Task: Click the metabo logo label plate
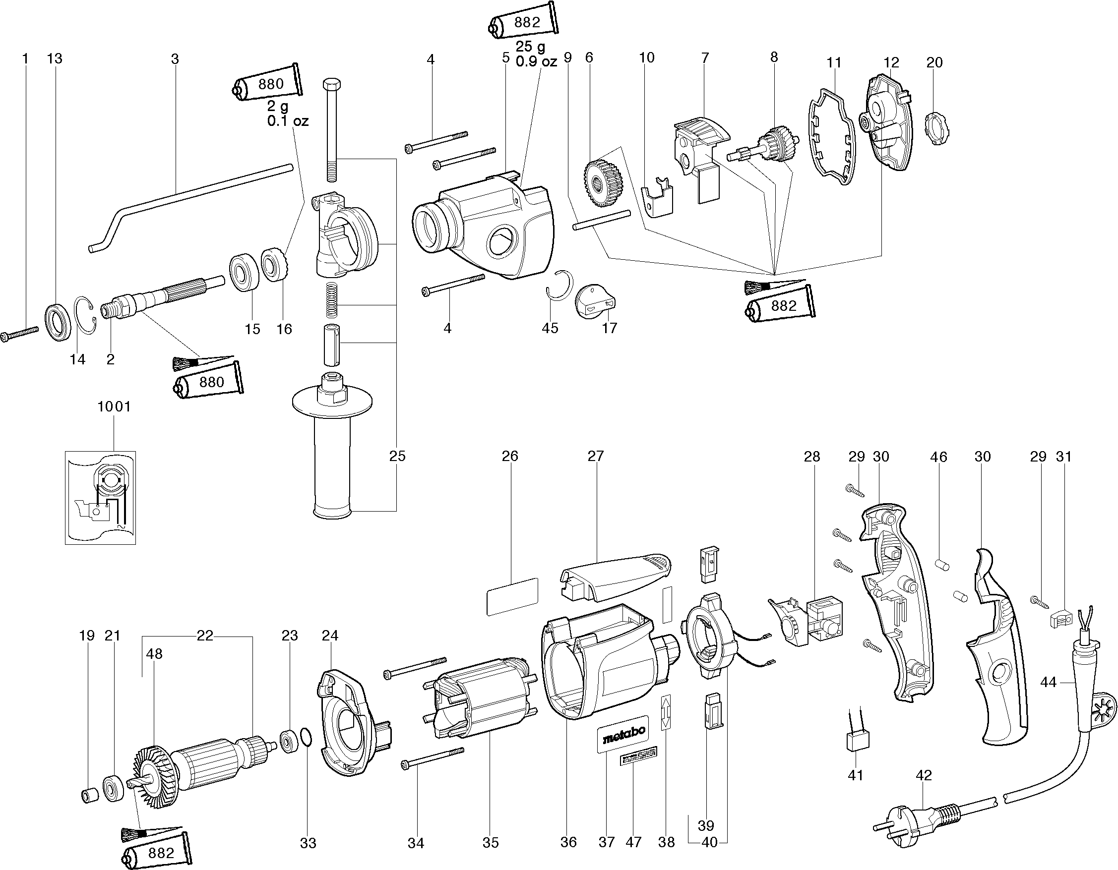pos(623,734)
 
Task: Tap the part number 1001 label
pos(114,407)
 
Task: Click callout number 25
pos(397,456)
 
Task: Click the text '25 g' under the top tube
pos(530,47)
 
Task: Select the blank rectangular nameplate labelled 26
pos(512,597)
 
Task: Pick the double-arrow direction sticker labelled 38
pos(666,711)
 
